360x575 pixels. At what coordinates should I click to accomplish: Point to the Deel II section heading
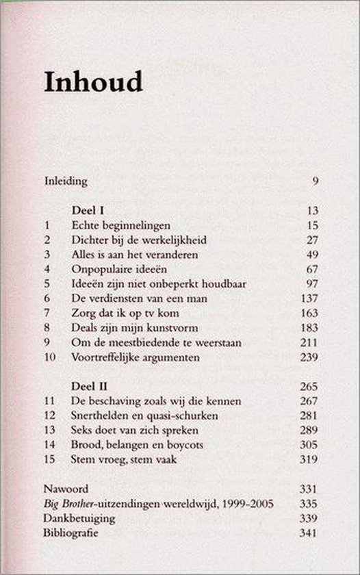pyautogui.click(x=89, y=386)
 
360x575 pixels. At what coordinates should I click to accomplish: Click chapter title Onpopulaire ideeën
pyautogui.click(x=114, y=269)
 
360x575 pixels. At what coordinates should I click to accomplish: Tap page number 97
pyautogui.click(x=312, y=283)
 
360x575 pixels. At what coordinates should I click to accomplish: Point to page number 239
pyautogui.click(x=310, y=357)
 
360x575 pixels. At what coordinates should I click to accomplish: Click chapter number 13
pyautogui.click(x=49, y=431)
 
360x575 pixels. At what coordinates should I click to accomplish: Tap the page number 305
pyautogui.click(x=310, y=445)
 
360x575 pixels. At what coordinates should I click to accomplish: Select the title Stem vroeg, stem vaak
pyautogui.click(x=124, y=459)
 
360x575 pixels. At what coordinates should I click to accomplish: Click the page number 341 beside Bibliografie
pyautogui.click(x=310, y=533)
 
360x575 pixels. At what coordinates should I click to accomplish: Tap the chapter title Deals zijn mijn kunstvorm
pyautogui.click(x=128, y=327)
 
